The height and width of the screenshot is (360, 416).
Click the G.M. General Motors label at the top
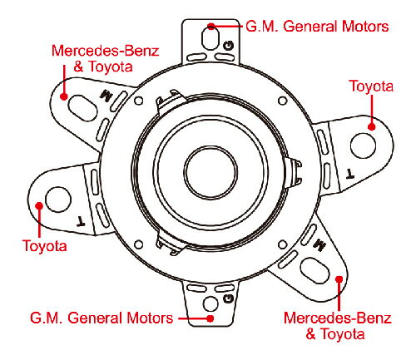317,27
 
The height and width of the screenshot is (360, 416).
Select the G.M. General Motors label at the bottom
102,318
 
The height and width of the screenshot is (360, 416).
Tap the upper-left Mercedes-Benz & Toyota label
105,59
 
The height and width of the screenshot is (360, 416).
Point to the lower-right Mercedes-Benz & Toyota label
337,326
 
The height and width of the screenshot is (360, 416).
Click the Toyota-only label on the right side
371,86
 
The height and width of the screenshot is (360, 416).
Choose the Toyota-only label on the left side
45,246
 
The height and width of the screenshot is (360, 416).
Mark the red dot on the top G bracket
211,27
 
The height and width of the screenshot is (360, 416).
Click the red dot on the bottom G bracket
210,318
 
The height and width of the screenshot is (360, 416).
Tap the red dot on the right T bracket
372,127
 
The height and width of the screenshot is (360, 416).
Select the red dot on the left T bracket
39,205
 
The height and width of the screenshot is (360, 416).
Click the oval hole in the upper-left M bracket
82,108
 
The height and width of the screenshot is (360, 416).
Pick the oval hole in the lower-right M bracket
314,271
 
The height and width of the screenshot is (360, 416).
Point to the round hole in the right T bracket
363,146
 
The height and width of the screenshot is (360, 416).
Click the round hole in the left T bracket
58,200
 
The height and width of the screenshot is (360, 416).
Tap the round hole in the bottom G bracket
210,303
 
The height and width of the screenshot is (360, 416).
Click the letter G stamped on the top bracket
229,46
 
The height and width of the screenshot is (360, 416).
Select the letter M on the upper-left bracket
106,96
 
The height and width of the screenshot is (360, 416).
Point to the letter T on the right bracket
350,174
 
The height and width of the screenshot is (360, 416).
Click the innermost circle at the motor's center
210,172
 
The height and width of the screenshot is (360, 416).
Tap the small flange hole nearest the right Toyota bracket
282,101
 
